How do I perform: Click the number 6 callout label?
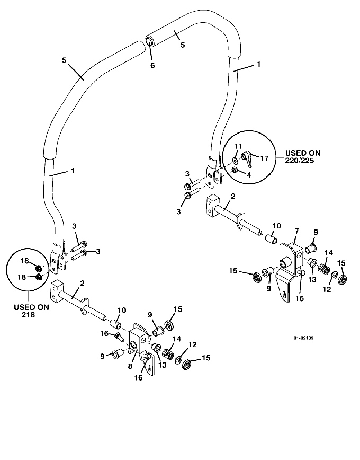click(x=152, y=65)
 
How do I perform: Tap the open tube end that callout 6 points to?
click(x=149, y=40)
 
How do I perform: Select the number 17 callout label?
click(x=264, y=158)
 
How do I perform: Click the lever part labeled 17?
click(x=246, y=158)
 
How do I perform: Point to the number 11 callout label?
click(x=238, y=146)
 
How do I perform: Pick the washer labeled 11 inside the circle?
click(x=236, y=161)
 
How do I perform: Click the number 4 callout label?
click(x=249, y=175)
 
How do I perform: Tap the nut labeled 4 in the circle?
click(x=234, y=170)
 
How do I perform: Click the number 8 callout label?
click(x=130, y=366)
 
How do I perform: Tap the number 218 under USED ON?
click(x=28, y=315)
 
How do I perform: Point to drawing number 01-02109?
click(x=303, y=338)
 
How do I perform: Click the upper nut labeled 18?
click(x=38, y=268)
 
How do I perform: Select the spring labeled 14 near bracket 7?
click(x=323, y=268)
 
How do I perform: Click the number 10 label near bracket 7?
click(x=276, y=226)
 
